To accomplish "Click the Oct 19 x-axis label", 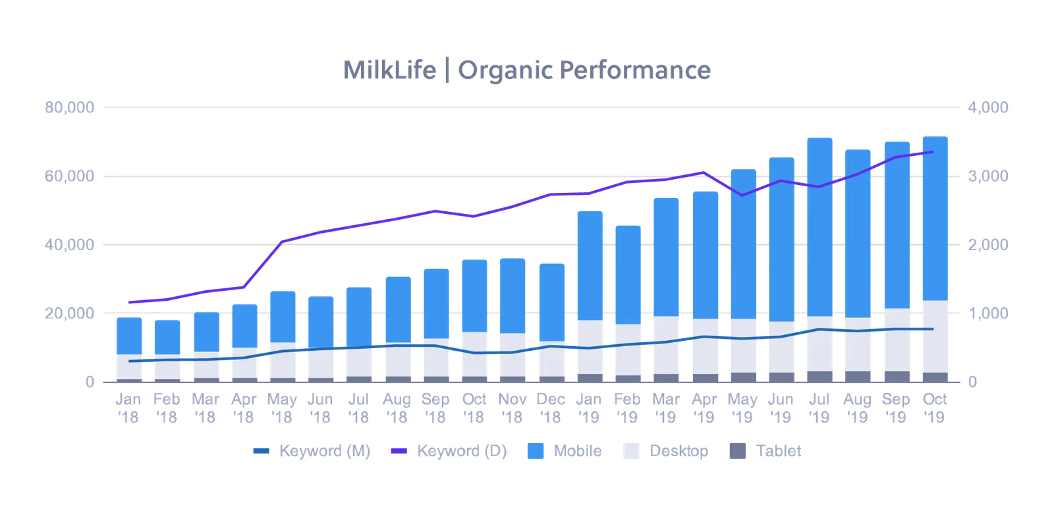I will [935, 408].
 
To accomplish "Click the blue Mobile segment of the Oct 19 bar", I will [935, 217].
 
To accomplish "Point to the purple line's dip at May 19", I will [742, 195].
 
